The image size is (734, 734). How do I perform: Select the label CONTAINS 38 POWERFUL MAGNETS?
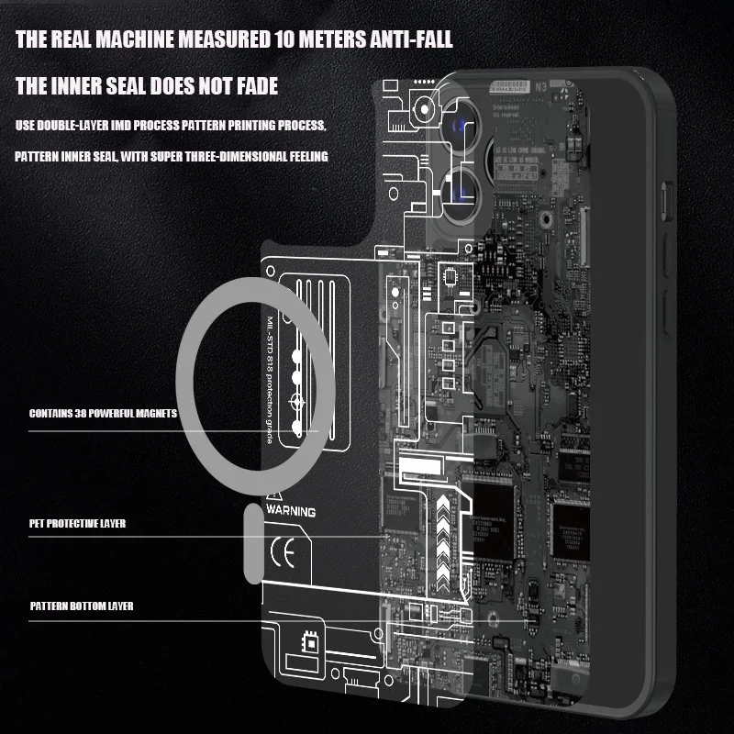tap(103, 414)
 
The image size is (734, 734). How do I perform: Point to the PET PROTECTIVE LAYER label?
tap(77, 524)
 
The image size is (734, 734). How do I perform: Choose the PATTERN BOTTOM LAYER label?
tap(81, 606)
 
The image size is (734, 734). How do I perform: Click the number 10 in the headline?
tap(284, 40)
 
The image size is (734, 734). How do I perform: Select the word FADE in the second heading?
tap(256, 87)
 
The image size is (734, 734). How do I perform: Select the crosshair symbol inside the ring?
tap(296, 403)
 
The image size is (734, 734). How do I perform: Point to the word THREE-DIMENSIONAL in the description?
tap(255, 157)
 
